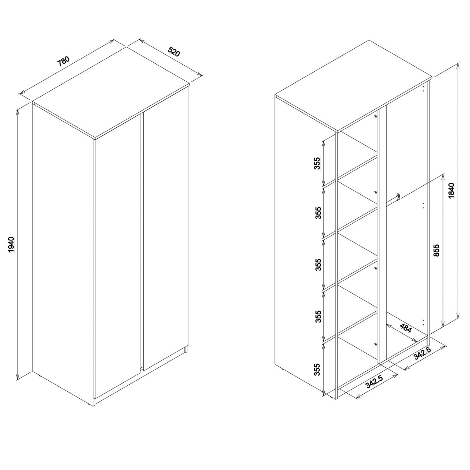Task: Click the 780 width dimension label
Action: click(x=64, y=61)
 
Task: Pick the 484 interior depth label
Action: click(x=406, y=329)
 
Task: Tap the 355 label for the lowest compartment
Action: click(x=317, y=377)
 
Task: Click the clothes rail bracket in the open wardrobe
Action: click(x=398, y=196)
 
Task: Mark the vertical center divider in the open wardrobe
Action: click(x=382, y=234)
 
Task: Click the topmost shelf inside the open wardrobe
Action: click(x=357, y=169)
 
